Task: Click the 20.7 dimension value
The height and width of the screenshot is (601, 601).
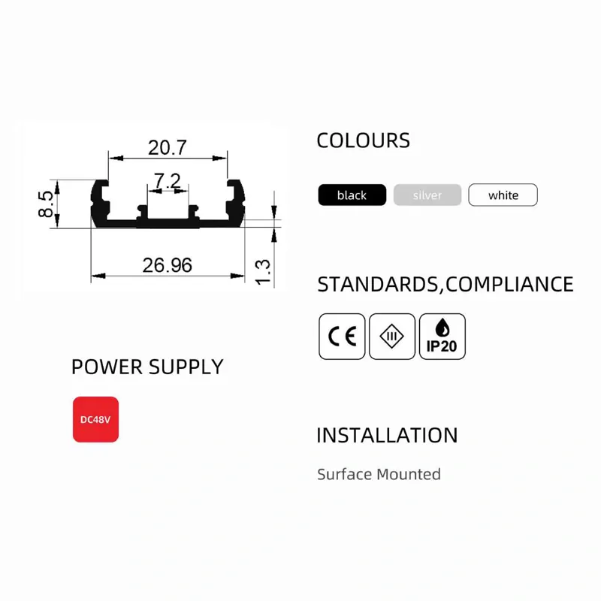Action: coord(167,147)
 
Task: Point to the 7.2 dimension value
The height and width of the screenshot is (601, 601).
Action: coord(167,180)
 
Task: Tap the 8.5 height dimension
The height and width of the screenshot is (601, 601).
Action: coord(46,204)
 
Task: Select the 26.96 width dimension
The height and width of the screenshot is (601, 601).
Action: coord(167,265)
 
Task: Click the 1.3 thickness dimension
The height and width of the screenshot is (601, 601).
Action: coord(262,272)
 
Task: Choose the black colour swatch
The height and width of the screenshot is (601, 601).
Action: coord(352,195)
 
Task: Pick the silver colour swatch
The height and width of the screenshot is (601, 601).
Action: coord(427,195)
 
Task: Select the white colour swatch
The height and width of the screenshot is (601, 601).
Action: coord(503,195)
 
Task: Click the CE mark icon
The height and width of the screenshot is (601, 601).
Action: coord(342,337)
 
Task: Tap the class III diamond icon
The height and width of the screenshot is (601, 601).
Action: coord(392,337)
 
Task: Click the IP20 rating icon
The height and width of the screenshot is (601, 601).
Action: coord(442,337)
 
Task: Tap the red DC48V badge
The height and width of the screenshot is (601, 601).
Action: coord(96,419)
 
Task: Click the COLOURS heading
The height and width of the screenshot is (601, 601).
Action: coord(364,140)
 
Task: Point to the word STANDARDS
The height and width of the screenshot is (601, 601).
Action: coord(378,285)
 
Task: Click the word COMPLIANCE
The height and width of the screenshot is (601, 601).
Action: coord(509,285)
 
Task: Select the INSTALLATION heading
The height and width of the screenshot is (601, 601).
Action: coord(387,436)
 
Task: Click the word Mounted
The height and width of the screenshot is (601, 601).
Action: coord(409,475)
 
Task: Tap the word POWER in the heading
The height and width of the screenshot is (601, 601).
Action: coord(107,367)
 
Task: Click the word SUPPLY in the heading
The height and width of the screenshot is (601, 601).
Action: coord(186,367)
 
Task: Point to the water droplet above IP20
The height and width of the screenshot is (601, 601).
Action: coord(442,328)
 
